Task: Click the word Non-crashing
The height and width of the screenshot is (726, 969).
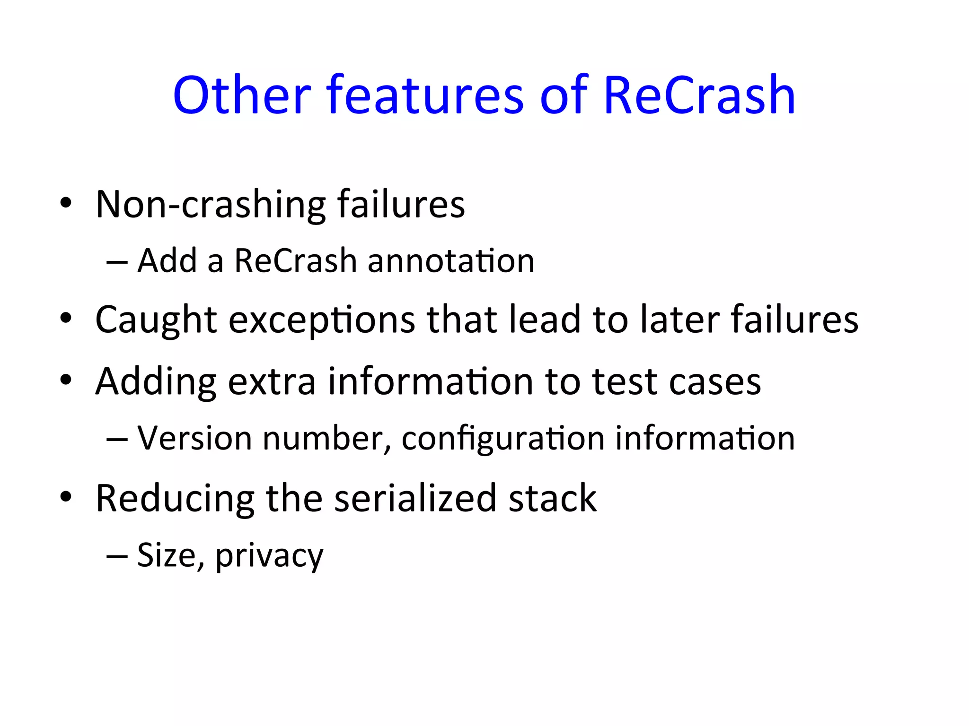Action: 211,204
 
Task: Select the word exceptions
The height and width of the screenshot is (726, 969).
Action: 322,320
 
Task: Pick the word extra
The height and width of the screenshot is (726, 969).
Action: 272,381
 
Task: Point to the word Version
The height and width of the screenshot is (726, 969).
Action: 194,438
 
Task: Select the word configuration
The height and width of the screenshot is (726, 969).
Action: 503,438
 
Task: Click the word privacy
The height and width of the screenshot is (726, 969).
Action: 269,556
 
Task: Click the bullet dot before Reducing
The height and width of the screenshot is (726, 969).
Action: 66,497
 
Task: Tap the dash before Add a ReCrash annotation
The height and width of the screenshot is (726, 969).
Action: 117,262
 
